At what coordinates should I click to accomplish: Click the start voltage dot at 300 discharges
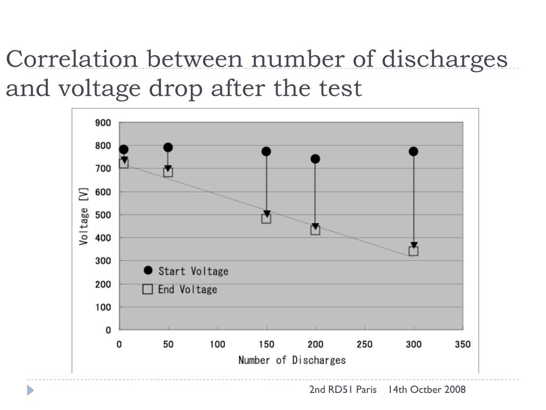click(413, 152)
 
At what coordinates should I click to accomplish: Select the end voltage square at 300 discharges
click(413, 251)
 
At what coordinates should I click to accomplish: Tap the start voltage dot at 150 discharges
click(266, 152)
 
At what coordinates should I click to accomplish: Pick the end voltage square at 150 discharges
click(266, 218)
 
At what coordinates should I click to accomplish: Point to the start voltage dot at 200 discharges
click(315, 159)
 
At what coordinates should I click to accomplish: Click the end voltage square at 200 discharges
click(315, 230)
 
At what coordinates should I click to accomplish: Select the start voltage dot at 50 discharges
click(168, 147)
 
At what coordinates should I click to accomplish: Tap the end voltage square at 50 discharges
click(168, 172)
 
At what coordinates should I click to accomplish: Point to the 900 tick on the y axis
click(103, 123)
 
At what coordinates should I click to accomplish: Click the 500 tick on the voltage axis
click(103, 215)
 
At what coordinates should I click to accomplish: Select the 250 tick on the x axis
click(364, 344)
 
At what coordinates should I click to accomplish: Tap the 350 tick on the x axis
click(462, 344)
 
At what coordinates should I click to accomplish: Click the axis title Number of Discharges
click(292, 360)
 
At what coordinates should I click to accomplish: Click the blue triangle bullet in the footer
click(30, 390)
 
